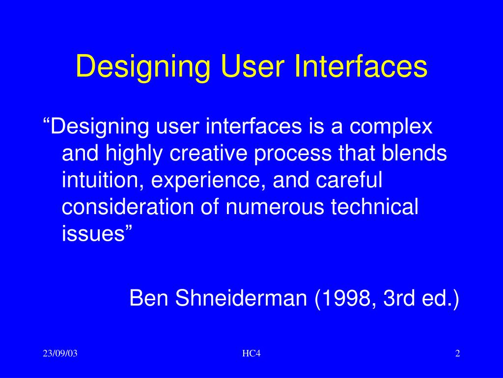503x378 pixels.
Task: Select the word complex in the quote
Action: pyautogui.click(x=391, y=127)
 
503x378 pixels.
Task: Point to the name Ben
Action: pyautogui.click(x=149, y=298)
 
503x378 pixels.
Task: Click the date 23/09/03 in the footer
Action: pyautogui.click(x=60, y=353)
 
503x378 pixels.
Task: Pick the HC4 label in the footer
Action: pyautogui.click(x=251, y=353)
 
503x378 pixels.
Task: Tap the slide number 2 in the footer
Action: pyautogui.click(x=457, y=353)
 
